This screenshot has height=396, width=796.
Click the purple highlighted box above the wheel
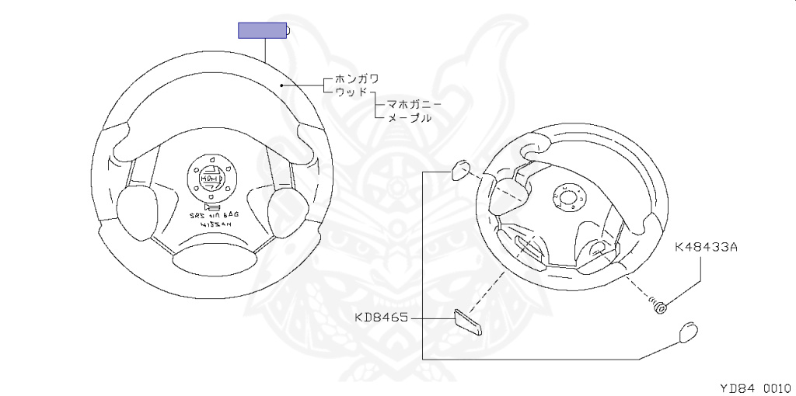263,31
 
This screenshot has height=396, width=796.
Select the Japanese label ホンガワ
357,78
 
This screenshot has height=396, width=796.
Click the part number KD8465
382,318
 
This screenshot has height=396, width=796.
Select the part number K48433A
706,248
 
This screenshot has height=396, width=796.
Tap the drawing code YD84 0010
753,386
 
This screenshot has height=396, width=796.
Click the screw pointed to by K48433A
660,308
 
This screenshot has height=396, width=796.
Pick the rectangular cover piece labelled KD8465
468,320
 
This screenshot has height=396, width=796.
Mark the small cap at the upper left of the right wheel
460,168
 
